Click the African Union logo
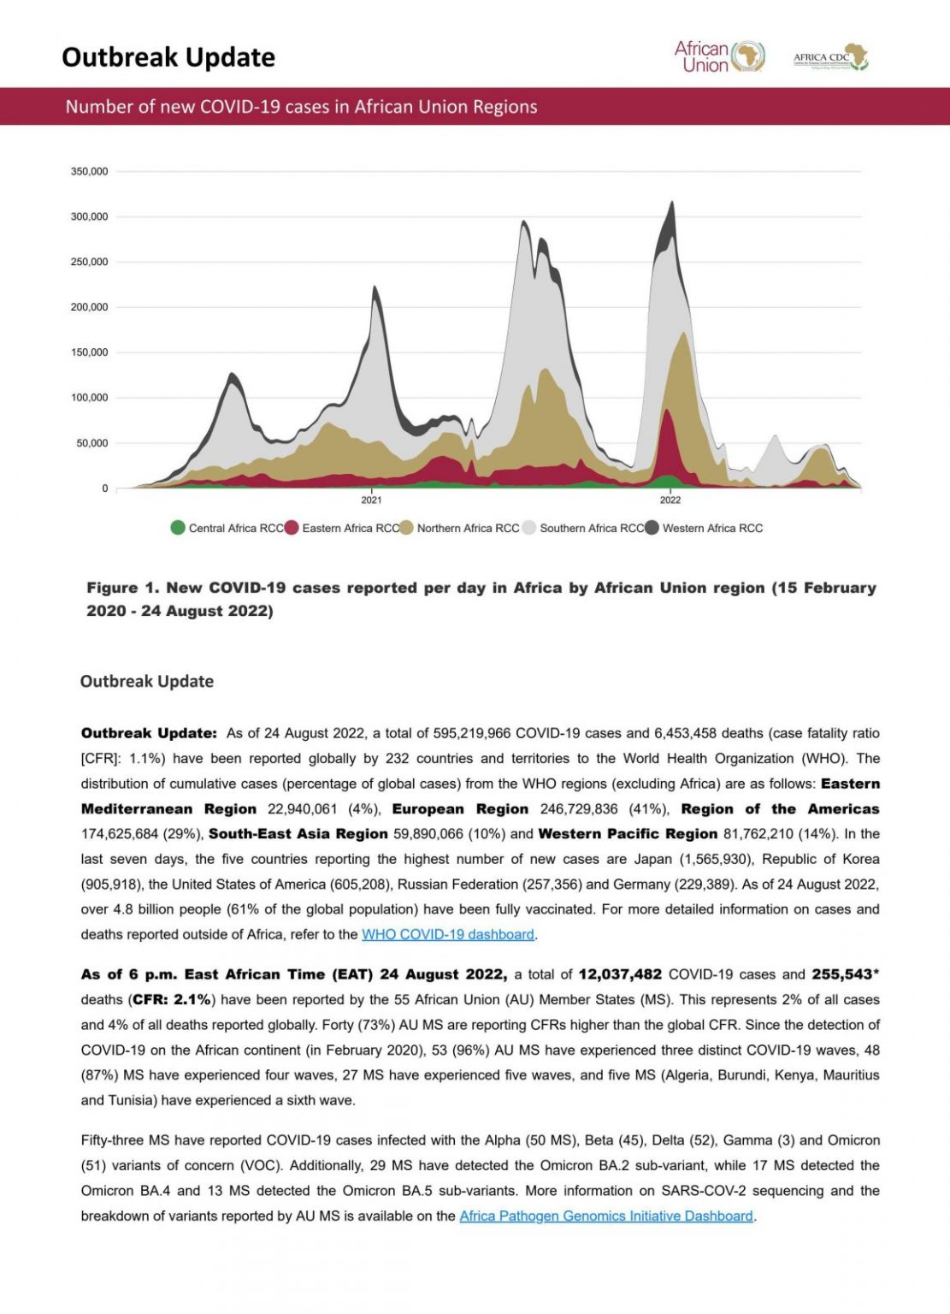[719, 56]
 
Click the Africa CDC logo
[829, 57]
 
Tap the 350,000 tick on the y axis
[89, 172]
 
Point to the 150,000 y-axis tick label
[89, 352]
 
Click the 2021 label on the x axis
[371, 500]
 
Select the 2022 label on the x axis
[670, 500]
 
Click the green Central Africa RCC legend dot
[178, 528]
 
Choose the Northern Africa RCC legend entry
[468, 529]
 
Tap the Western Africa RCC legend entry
[712, 529]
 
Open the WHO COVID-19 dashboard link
[448, 935]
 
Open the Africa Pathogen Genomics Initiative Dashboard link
[606, 1216]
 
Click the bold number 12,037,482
[620, 974]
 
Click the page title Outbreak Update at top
[168, 57]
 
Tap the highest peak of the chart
[672, 203]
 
